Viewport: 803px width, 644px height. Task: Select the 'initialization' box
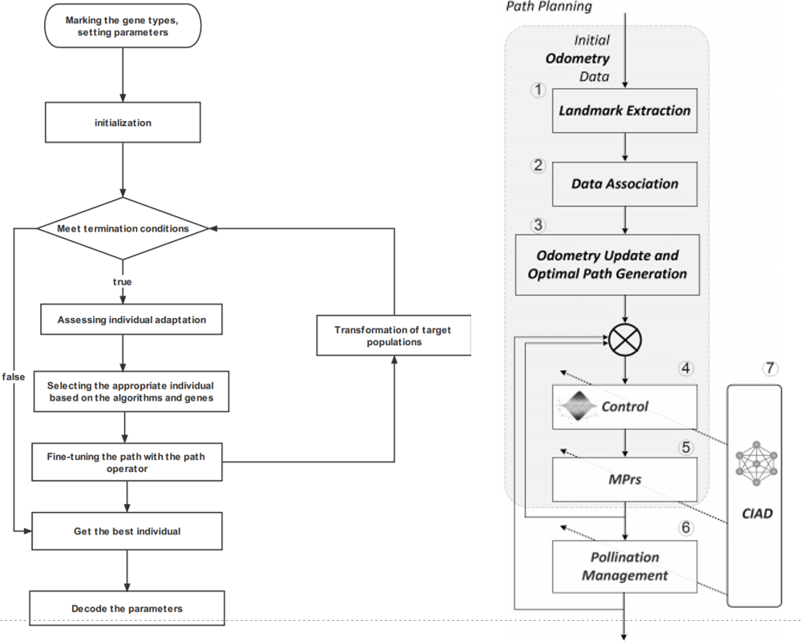(x=122, y=123)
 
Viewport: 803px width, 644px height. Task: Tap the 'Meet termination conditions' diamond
(x=123, y=228)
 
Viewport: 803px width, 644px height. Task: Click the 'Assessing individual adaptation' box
(x=131, y=320)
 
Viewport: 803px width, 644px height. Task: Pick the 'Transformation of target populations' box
(x=393, y=336)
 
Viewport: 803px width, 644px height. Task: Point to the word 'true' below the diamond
(x=122, y=281)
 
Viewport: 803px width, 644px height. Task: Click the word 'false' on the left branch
(x=12, y=376)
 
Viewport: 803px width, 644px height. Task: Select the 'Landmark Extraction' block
(x=624, y=111)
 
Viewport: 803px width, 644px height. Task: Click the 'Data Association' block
(x=624, y=183)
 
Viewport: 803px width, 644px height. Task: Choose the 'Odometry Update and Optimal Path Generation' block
(x=607, y=264)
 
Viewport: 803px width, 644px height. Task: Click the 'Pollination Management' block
(x=624, y=566)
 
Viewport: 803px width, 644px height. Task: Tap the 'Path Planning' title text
(x=549, y=7)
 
